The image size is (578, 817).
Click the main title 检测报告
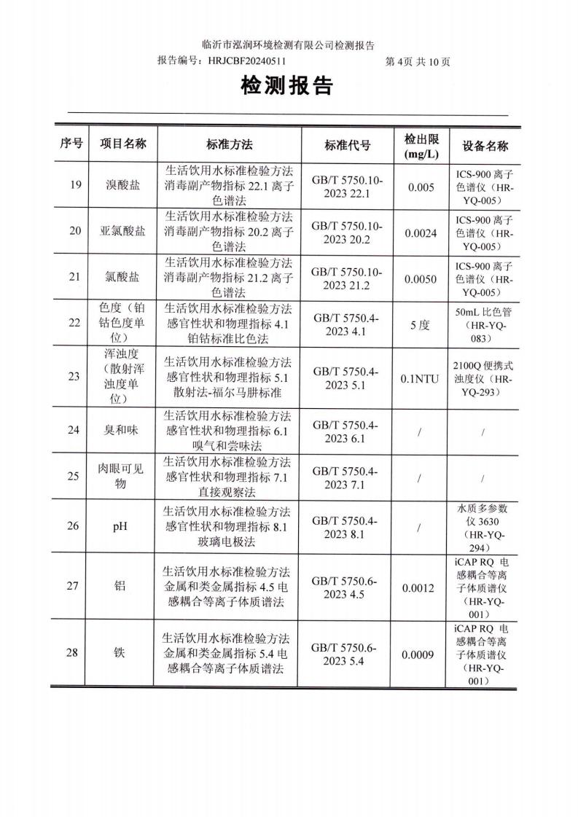(x=286, y=87)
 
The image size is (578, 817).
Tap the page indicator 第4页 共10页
(x=417, y=62)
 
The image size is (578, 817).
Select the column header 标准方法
(x=229, y=144)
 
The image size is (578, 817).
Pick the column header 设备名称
(x=485, y=145)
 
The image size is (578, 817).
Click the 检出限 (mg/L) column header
(x=421, y=145)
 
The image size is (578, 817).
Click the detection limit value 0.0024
(x=421, y=232)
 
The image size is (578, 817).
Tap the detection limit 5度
(x=421, y=325)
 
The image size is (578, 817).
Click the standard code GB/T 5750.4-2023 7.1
(x=345, y=477)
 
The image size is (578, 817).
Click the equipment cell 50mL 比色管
(x=485, y=325)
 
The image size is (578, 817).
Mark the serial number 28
(x=74, y=653)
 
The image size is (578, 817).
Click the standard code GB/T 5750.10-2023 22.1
(x=345, y=185)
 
